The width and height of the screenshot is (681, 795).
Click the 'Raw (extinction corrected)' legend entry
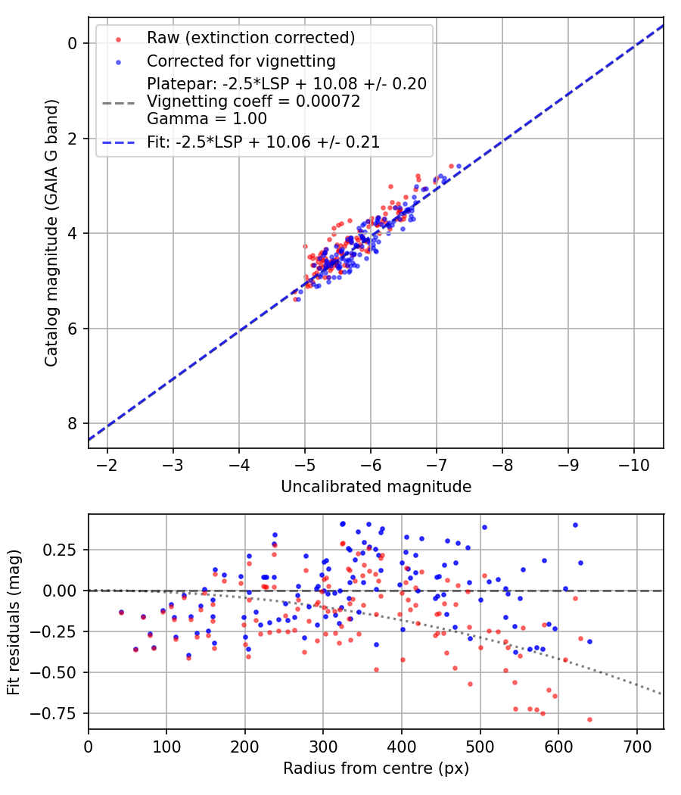click(x=250, y=38)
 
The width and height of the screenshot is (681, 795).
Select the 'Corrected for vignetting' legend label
click(x=241, y=61)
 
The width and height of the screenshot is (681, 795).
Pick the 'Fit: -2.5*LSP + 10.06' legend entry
click(x=263, y=142)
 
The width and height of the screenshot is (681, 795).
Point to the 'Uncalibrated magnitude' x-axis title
click(x=376, y=487)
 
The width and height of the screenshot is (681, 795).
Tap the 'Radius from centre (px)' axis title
click(x=376, y=768)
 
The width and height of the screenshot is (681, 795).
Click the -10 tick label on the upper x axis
click(x=633, y=464)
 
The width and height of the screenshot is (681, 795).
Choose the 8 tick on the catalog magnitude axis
click(x=73, y=423)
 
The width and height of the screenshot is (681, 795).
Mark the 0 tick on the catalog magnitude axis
click(x=73, y=44)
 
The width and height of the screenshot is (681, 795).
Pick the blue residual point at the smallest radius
click(x=121, y=612)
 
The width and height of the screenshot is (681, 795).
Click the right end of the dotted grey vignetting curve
click(x=662, y=694)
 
